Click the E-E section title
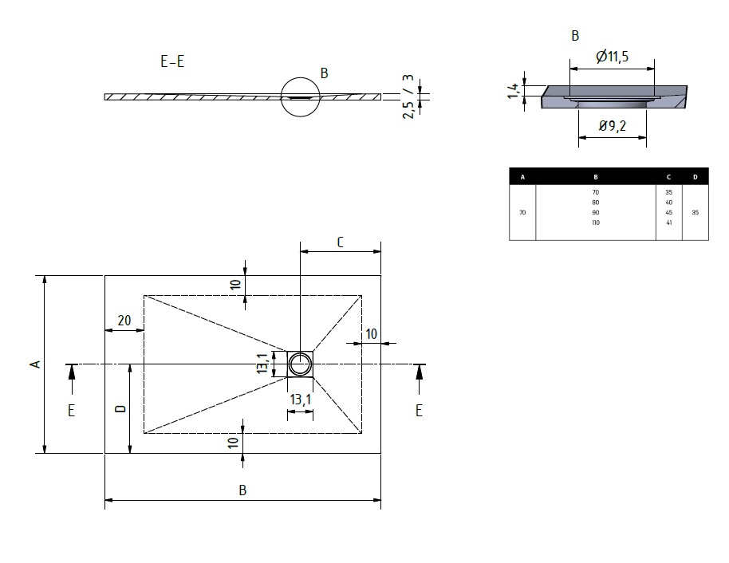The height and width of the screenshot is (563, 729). tap(172, 61)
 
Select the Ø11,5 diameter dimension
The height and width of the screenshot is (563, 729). tap(612, 57)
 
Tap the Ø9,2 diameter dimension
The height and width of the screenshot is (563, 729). tap(613, 125)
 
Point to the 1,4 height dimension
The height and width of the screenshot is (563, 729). tap(514, 91)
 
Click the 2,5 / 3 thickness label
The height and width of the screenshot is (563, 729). tap(408, 96)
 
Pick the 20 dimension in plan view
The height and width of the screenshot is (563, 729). tap(124, 321)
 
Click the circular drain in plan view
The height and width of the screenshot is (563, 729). tap(300, 364)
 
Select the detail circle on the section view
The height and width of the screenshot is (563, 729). tap(301, 97)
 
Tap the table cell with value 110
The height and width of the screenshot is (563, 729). tap(596, 222)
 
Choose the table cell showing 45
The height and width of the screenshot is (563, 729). tap(668, 212)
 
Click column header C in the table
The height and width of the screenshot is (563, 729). tap(668, 177)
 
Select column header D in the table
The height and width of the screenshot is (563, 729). tap(695, 177)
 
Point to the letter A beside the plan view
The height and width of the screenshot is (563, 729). tap(35, 364)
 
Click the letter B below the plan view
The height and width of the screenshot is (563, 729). tap(242, 490)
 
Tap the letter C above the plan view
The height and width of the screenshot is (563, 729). tap(340, 242)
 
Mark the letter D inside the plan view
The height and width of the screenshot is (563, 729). tap(121, 408)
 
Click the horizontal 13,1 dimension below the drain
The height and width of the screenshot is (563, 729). tap(301, 400)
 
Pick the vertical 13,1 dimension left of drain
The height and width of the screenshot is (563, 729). tap(262, 363)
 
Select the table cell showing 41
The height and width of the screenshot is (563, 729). tap(668, 222)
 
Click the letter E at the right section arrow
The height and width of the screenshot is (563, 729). tap(419, 411)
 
